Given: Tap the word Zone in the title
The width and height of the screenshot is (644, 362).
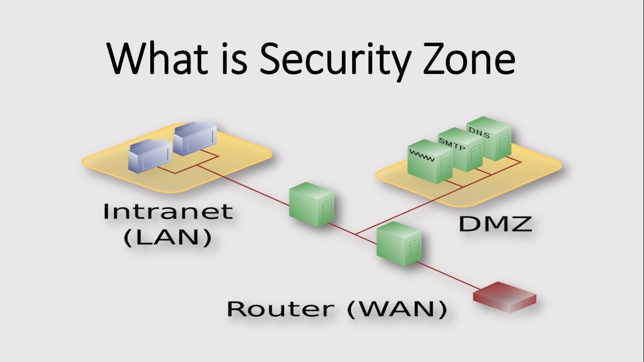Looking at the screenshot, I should tap(466, 59).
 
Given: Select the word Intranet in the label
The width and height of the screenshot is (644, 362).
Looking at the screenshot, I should tap(168, 211).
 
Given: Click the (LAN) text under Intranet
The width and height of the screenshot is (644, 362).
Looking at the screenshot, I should tap(168, 238).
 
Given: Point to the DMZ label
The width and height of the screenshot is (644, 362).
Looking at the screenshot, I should tap(495, 224).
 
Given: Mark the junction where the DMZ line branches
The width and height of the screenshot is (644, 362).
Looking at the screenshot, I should tap(355, 234).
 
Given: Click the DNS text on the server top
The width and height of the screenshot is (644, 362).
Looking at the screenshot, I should tap(479, 132).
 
